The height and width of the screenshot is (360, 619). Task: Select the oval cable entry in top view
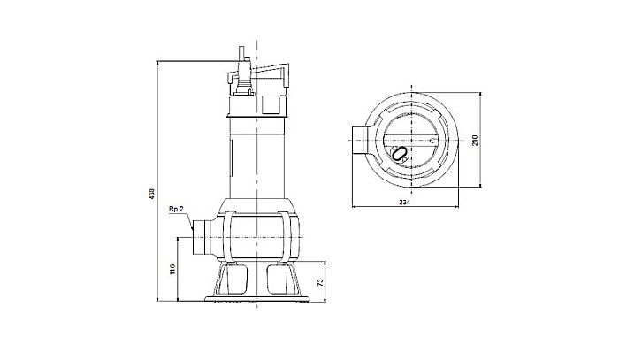[x=400, y=154]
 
